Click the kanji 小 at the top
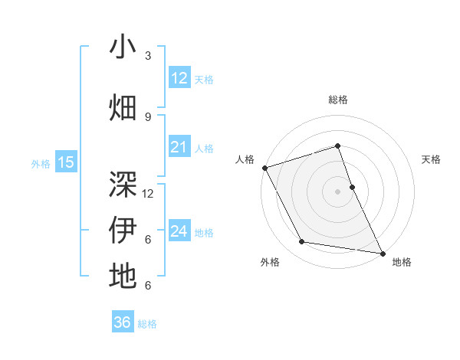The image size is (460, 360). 123,47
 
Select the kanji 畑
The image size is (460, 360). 123,106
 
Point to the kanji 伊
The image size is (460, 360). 123,230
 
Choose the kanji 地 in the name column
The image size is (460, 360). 123,275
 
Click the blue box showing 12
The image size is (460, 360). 179,78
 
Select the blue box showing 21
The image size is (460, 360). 179,147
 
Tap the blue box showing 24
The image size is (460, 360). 179,231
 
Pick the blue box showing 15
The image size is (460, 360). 66,162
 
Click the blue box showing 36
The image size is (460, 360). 122,322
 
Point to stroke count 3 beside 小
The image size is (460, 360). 148,56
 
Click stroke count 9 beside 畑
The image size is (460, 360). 148,116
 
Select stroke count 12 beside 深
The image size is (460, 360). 148,194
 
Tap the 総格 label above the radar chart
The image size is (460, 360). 337,100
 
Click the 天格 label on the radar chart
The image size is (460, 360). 432,159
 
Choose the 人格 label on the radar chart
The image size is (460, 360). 245,159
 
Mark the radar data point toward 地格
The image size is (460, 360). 382,252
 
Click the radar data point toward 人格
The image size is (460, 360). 264,167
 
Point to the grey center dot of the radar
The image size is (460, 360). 337,191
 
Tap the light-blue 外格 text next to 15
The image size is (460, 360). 41,162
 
